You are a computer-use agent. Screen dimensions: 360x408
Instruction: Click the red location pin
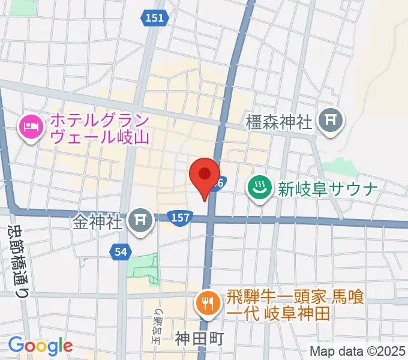point(204,176)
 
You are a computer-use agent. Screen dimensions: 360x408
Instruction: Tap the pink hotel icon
point(31,127)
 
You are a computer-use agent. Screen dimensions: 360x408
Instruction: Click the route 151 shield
point(154,19)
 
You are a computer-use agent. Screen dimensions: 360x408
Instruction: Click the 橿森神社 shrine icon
point(331,121)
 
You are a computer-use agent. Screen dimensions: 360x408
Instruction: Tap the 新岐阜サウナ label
point(327,190)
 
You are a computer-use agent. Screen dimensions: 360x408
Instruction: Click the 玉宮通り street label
point(158,328)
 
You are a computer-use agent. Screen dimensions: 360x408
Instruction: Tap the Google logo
point(40,346)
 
